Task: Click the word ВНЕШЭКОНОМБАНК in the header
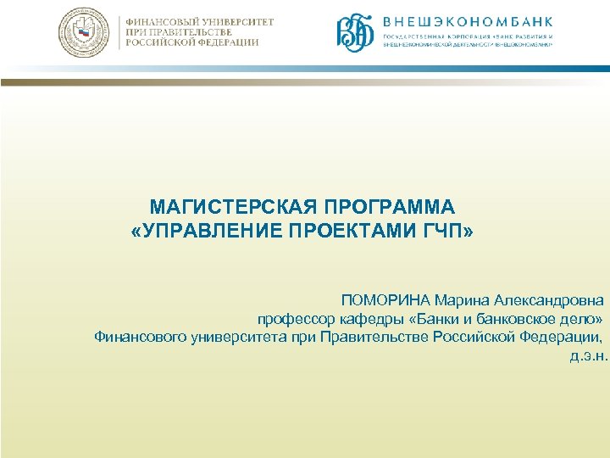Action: tap(469, 21)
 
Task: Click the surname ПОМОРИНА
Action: tap(385, 300)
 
